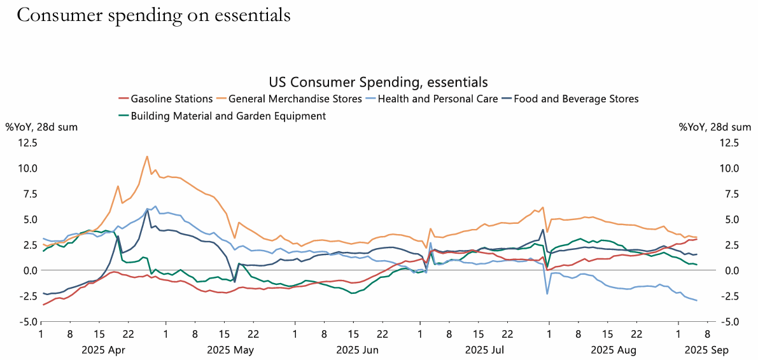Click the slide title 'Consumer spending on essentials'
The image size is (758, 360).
pos(153,15)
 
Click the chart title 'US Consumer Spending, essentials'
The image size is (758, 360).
pos(378,82)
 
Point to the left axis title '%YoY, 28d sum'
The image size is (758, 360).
pos(41,127)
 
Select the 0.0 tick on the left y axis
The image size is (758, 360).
pos(30,270)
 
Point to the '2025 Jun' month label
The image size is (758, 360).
pos(357,350)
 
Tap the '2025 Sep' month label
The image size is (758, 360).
pos(706,350)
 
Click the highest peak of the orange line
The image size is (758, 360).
pos(147,156)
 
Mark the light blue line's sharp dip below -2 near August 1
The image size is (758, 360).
pos(547,294)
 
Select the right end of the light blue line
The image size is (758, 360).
pos(697,300)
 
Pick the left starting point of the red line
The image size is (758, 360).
pos(43,305)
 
